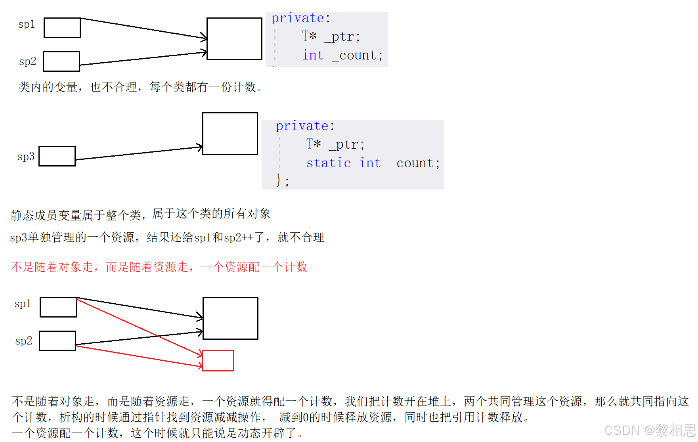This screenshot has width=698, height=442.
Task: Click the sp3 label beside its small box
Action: [x=26, y=157]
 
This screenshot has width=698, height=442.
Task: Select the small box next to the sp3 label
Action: [x=57, y=156]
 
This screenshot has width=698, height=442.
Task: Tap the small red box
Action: [x=218, y=361]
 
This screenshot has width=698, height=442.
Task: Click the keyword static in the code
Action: [x=328, y=163]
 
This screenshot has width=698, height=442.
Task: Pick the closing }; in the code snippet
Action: [x=282, y=180]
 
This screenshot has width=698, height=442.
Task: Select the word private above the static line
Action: [x=302, y=126]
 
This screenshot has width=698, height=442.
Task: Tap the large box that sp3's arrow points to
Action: [x=230, y=134]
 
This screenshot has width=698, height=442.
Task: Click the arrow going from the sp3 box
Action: [x=139, y=153]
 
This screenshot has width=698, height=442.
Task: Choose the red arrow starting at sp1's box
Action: [x=139, y=327]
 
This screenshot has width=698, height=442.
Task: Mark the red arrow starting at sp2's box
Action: [x=139, y=356]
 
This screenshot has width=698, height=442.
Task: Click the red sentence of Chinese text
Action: [x=159, y=267]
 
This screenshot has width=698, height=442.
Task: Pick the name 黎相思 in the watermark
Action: [x=675, y=431]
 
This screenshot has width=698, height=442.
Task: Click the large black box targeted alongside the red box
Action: [x=230, y=318]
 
